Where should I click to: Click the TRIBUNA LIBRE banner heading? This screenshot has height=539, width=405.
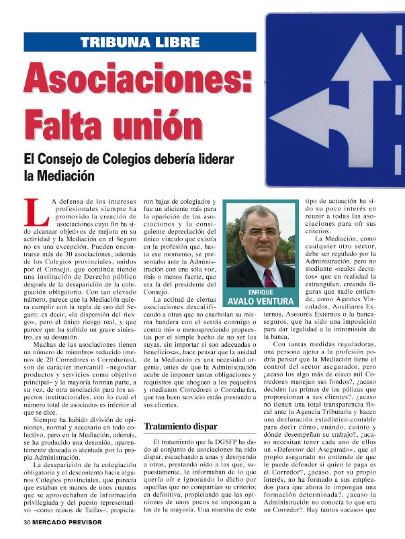[x=140, y=42]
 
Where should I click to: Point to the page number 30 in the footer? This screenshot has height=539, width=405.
[x=27, y=521]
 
